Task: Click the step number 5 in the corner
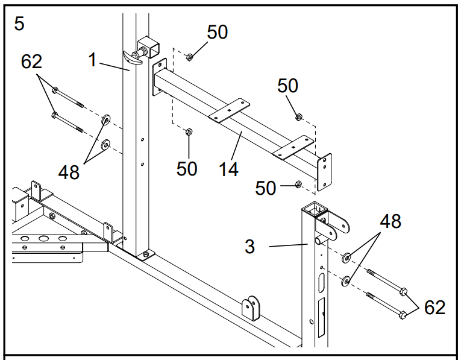[x=19, y=24]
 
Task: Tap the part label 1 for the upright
[x=92, y=60]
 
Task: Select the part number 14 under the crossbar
[x=228, y=169]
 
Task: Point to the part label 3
[x=249, y=247]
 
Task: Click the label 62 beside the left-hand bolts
[x=31, y=62]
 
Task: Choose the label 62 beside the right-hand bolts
[x=434, y=308]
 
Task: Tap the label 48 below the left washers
[x=69, y=172]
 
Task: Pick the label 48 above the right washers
[x=390, y=221]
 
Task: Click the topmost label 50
[x=218, y=32]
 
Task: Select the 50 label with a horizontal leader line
[x=266, y=188]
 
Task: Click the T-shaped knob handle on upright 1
[x=132, y=57]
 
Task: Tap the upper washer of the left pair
[x=105, y=120]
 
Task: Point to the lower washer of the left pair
[x=105, y=144]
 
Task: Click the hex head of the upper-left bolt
[x=54, y=90]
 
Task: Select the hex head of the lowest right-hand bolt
[x=403, y=315]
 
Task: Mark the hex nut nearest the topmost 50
[x=189, y=57]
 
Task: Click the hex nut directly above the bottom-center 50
[x=189, y=132]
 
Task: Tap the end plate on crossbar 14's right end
[x=324, y=172]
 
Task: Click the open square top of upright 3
[x=315, y=208]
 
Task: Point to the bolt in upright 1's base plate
[x=145, y=254]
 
